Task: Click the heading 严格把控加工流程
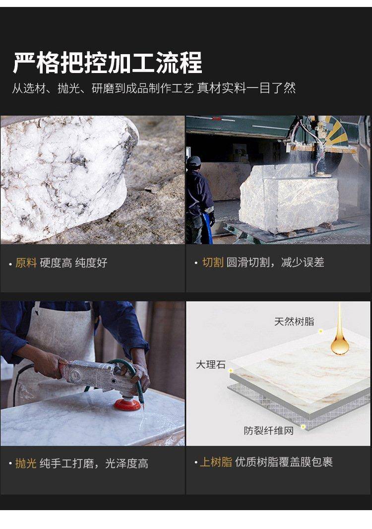tap(108, 63)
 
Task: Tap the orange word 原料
tap(26, 262)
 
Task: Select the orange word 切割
tap(213, 262)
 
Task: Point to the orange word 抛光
tap(26, 463)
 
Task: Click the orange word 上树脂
tap(216, 462)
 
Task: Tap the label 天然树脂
tap(294, 321)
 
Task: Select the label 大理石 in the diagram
tap(211, 365)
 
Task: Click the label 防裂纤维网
tap(268, 431)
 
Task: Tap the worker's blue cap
tap(194, 161)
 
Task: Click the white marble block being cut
tap(289, 199)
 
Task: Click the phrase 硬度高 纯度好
tap(73, 262)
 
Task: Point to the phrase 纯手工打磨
tap(67, 463)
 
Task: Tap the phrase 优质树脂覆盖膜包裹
tap(284, 462)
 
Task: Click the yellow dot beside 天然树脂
tap(320, 331)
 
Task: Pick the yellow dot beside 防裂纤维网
tap(303, 427)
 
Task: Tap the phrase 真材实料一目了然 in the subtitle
tap(247, 88)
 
